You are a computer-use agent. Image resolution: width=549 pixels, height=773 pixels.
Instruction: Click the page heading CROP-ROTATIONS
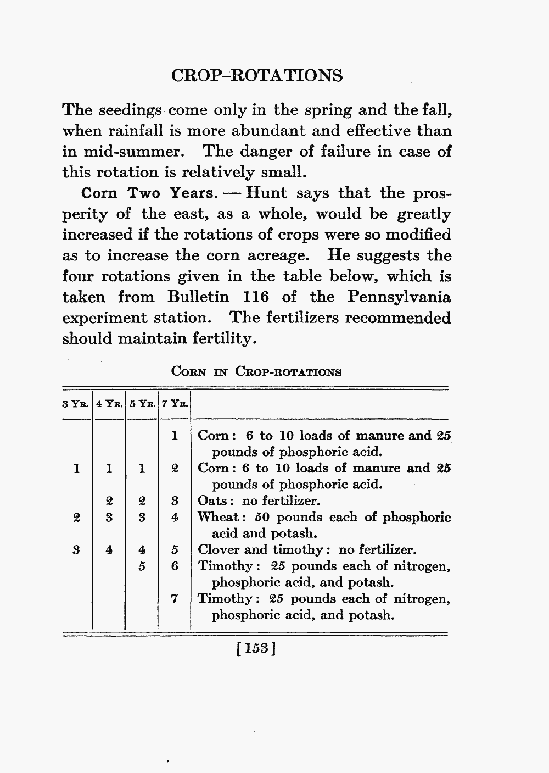256,75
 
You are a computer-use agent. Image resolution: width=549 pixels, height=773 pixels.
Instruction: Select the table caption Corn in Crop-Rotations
256,371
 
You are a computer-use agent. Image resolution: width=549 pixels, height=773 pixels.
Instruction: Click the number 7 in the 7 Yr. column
174,599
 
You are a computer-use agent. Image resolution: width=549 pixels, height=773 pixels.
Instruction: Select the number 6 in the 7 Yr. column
174,566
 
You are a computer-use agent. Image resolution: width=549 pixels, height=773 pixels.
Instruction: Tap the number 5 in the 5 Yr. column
142,566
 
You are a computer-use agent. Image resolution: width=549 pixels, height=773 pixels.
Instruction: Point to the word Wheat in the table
217,517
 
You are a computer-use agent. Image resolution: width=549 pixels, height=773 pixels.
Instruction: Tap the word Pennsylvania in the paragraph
399,297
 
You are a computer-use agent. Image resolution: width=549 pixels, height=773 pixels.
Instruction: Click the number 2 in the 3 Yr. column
76,517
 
